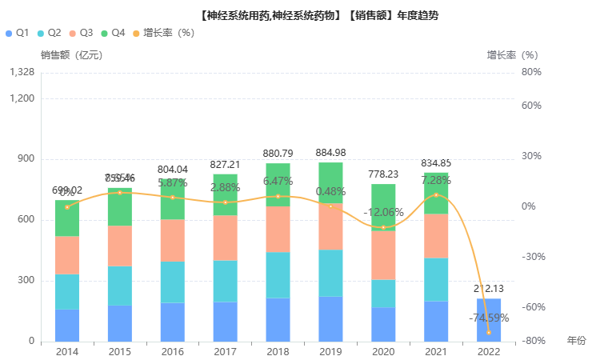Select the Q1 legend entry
[x=17, y=33]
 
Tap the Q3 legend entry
[x=82, y=33]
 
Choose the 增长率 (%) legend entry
[x=164, y=33]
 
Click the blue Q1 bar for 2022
[x=489, y=320]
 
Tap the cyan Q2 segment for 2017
[x=225, y=281]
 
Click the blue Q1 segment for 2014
[x=67, y=325]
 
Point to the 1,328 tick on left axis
[x=22, y=72]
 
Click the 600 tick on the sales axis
[x=26, y=220]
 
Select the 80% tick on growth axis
[x=531, y=72]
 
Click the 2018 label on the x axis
[x=278, y=351]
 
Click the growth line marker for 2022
[x=489, y=332]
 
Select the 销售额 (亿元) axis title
[x=71, y=55]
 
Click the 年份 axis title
[x=576, y=341]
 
